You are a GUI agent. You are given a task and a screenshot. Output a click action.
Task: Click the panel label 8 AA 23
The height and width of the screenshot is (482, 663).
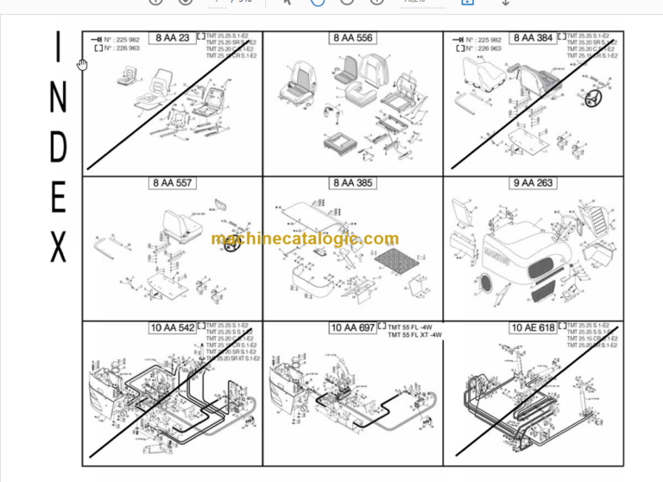tap(172, 38)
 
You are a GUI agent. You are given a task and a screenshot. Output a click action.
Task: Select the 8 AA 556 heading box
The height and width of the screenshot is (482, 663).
tap(353, 38)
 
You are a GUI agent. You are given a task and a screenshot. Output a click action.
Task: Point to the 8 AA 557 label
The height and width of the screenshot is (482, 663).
tap(172, 183)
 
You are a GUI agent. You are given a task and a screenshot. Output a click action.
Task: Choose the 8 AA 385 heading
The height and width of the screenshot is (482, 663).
tap(353, 183)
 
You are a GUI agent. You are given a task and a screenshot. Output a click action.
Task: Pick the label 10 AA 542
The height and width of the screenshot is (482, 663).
tap(172, 327)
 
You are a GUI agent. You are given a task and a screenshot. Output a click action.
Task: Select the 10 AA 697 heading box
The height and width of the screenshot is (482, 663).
tap(353, 327)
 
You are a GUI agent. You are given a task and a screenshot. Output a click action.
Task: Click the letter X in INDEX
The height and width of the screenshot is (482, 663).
tap(59, 247)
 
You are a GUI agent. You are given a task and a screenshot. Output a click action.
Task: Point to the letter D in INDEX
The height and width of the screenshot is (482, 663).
tap(58, 149)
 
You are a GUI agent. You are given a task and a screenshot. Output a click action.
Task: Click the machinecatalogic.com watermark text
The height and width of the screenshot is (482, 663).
tap(305, 239)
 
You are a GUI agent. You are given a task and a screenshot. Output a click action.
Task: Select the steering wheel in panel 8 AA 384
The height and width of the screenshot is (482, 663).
tap(593, 101)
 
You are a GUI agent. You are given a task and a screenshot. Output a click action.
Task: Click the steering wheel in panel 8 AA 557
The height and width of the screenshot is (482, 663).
tap(231, 244)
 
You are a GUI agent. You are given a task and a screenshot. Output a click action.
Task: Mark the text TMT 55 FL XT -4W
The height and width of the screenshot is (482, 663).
tap(415, 335)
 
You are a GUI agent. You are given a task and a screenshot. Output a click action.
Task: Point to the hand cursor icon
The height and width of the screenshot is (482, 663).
tap(82, 65)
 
